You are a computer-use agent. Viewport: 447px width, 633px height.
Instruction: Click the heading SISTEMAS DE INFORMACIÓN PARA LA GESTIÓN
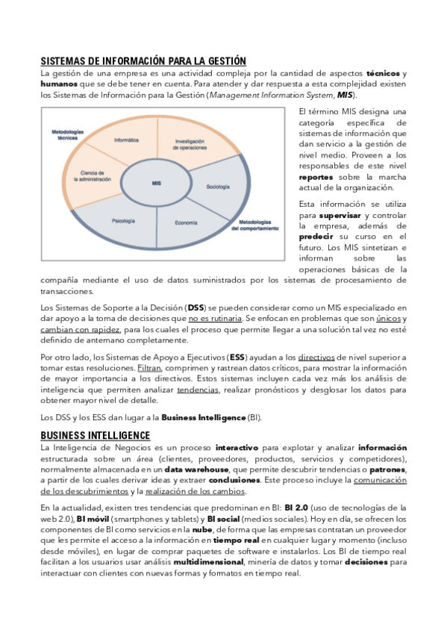[143, 60]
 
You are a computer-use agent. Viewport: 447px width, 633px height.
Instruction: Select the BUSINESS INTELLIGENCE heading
[95, 435]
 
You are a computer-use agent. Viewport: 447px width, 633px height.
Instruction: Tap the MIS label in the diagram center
[156, 183]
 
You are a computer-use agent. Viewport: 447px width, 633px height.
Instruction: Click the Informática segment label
[126, 140]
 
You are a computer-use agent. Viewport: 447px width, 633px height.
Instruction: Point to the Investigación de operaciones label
[196, 144]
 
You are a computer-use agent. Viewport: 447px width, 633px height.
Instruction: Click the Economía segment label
[186, 223]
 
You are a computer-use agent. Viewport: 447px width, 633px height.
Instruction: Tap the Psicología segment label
[123, 220]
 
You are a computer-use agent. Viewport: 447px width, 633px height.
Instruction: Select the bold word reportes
[316, 178]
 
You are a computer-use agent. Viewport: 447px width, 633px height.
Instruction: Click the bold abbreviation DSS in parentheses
[196, 307]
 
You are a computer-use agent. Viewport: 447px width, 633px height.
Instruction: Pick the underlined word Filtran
[149, 368]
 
